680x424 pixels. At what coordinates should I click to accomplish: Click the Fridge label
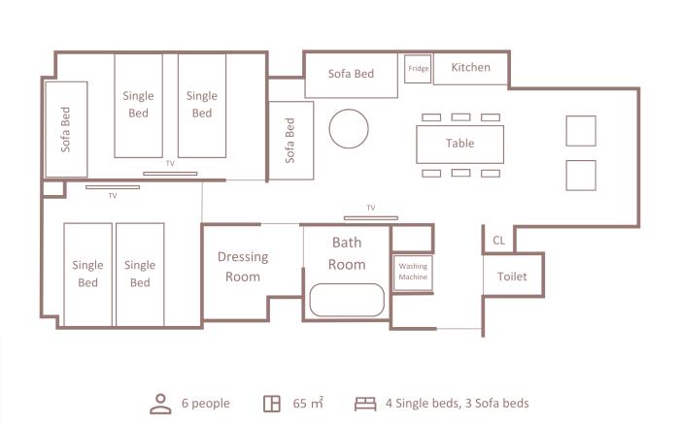tap(419, 69)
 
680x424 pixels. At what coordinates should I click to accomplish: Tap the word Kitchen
tap(470, 67)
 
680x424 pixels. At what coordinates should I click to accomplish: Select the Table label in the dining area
tap(459, 143)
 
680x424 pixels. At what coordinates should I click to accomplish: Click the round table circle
tap(349, 110)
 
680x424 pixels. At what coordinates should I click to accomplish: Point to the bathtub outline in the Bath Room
tap(347, 284)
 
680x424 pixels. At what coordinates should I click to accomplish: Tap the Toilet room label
tap(512, 277)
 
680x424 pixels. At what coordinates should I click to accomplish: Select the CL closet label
tap(498, 240)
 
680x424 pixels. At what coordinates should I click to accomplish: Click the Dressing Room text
tap(243, 267)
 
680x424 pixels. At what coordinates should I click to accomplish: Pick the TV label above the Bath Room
tap(371, 208)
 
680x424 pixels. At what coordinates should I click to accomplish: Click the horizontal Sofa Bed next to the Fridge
tap(351, 75)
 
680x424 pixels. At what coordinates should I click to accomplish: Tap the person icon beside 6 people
tap(160, 404)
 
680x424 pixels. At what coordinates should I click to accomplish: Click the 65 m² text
tap(308, 404)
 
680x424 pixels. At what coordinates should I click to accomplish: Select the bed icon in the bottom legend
tap(365, 404)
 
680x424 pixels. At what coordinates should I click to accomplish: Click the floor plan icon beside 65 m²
tap(272, 404)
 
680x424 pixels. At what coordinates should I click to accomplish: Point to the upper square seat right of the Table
tap(581, 131)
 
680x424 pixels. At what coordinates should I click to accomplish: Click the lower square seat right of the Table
tap(581, 176)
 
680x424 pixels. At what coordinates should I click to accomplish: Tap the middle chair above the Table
tap(460, 117)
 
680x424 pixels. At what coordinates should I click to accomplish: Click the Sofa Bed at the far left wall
tap(66, 129)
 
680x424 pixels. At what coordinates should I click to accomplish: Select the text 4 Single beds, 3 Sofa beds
tap(458, 404)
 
